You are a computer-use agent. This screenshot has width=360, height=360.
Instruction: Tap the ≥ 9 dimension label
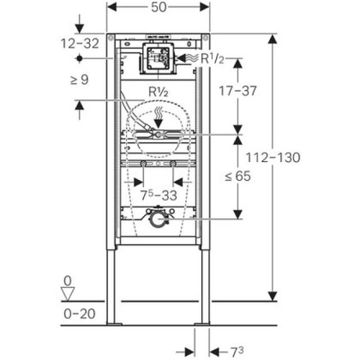tap(79, 80)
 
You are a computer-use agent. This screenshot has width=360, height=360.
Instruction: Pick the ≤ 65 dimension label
tap(238, 176)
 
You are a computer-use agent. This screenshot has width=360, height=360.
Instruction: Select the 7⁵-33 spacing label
tap(159, 195)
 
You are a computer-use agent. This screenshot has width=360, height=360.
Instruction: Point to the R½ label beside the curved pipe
tap(157, 91)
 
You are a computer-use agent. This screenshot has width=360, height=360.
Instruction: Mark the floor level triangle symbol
tap(68, 294)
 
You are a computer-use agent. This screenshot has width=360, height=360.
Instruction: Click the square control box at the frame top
tap(157, 58)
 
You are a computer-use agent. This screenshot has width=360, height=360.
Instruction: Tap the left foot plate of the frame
tap(115, 323)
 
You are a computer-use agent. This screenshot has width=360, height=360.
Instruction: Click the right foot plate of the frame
tap(202, 323)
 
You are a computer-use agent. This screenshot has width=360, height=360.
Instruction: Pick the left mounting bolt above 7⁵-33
tap(144, 164)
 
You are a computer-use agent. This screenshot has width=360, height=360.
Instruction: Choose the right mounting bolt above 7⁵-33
tap(173, 164)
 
